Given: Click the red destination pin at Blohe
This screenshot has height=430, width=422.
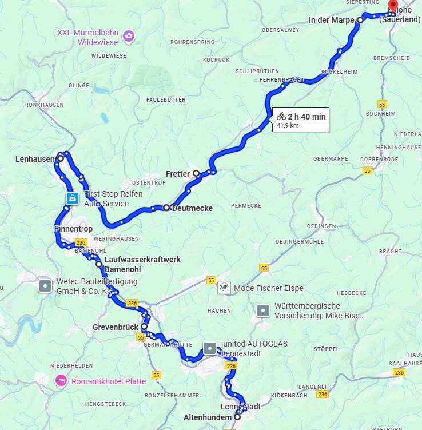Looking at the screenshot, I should pyautogui.click(x=393, y=6).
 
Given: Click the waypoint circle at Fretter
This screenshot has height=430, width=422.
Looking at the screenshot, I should pyautogui.click(x=196, y=173).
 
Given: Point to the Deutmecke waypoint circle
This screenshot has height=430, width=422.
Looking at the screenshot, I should pyautogui.click(x=166, y=208).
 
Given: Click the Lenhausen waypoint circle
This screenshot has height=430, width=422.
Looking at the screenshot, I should pyautogui.click(x=61, y=158).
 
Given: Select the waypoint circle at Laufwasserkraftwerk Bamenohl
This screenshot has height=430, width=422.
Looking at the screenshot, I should pyautogui.click(x=99, y=264).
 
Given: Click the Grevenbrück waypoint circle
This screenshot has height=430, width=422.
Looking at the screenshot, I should pyautogui.click(x=144, y=327).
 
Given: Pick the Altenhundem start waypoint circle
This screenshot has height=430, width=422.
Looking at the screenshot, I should pyautogui.click(x=237, y=417).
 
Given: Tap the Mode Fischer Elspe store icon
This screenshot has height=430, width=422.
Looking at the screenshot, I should pyautogui.click(x=224, y=288).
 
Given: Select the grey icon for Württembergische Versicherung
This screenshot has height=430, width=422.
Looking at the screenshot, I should pyautogui.click(x=262, y=310).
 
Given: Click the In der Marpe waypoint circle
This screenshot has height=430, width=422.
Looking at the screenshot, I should pyautogui.click(x=360, y=20).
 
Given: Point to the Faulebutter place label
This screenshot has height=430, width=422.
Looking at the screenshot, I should pyautogui.click(x=166, y=99).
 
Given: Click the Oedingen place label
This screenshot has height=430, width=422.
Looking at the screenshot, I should pyautogui.click(x=321, y=226).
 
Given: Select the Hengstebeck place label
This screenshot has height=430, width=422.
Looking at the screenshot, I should pyautogui.click(x=105, y=404).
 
